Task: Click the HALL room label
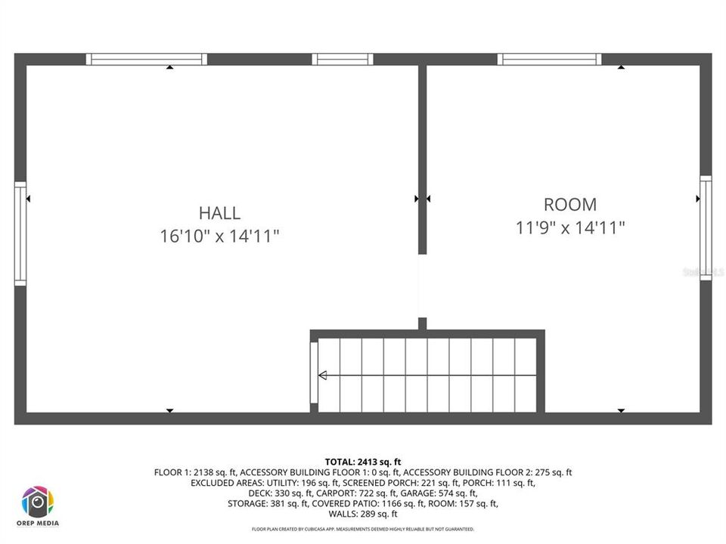[x=219, y=213]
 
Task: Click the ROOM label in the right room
[x=569, y=204]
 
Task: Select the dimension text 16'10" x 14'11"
[x=219, y=236]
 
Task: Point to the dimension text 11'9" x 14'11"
[x=570, y=227]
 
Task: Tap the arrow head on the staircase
[x=322, y=375]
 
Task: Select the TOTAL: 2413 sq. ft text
[x=363, y=461]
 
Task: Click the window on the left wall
[x=20, y=233]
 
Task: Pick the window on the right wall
[x=705, y=228]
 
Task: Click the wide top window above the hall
[x=146, y=59]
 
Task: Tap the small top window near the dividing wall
[x=343, y=59]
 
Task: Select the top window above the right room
[x=550, y=59]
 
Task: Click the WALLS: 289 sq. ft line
[x=363, y=514]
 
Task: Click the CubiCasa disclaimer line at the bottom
[x=363, y=529]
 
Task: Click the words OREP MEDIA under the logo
[x=38, y=523]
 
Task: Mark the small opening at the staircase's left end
[x=313, y=373]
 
